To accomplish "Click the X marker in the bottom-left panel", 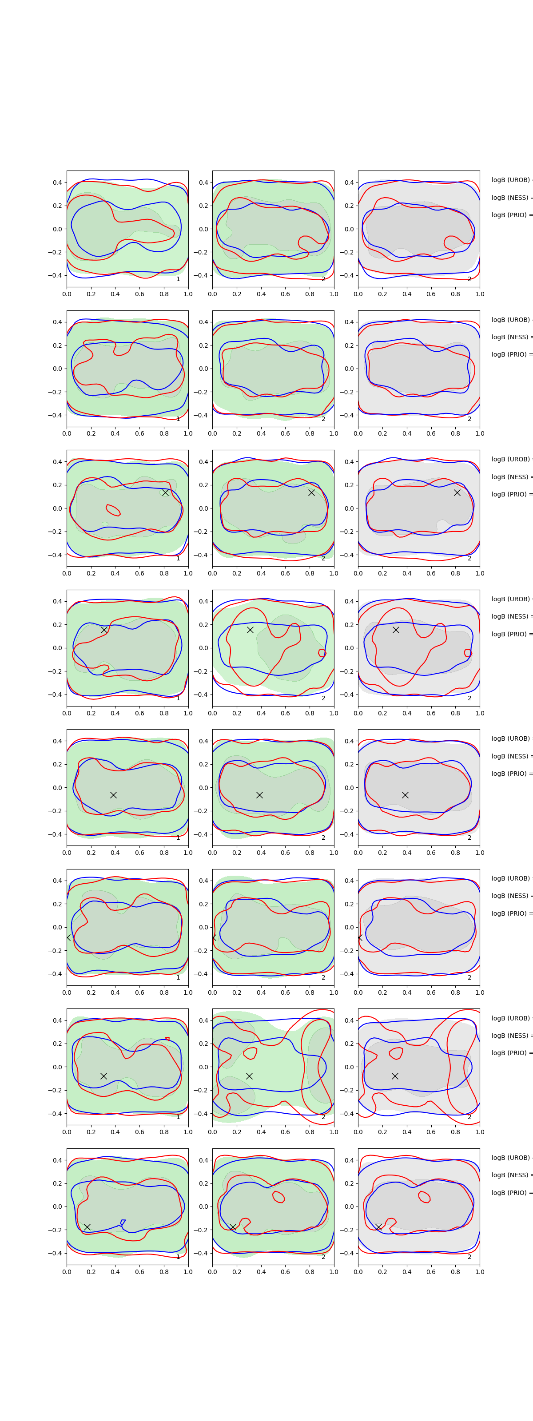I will pos(87,1227).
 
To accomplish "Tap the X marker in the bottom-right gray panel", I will pos(378,1227).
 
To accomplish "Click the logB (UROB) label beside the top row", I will pos(511,180).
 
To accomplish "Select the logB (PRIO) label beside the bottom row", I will pos(511,1193).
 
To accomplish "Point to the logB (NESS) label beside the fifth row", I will pos(511,756).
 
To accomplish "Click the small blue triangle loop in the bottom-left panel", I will pos(123,1223).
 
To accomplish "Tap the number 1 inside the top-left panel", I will pos(178,279).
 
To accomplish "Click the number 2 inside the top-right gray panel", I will pos(469,279).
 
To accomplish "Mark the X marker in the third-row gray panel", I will pos(457,492).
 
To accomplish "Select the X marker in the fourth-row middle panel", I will pos(250,629).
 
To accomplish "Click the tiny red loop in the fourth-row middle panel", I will pos(322,653).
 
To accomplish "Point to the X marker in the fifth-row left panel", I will pos(113,795).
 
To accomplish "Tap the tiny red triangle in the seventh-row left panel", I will pos(167,1039).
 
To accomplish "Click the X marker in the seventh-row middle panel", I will pos(249,1076).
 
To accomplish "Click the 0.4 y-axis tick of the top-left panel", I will pos(57,183).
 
